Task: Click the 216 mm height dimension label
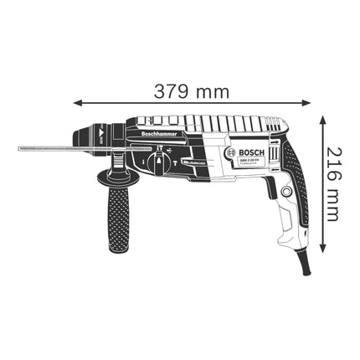click(x=332, y=183)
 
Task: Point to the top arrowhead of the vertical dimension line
click(x=323, y=120)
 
